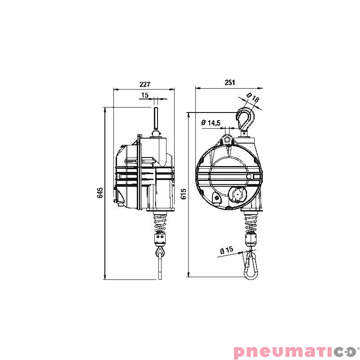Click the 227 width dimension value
144,84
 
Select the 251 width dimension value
229,83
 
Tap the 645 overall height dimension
100,193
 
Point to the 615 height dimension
183,193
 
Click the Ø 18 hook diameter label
253,99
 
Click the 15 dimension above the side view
144,95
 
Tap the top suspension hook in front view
246,119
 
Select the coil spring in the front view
251,222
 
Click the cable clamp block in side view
161,238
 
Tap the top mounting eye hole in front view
228,139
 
